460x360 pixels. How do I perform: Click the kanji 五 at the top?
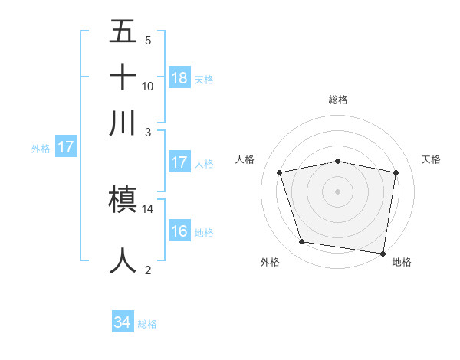pyautogui.click(x=123, y=32)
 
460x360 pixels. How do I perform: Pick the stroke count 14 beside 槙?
pyautogui.click(x=148, y=208)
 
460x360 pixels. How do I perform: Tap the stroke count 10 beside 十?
pyautogui.click(x=148, y=86)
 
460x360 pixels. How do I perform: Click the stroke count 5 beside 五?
pyautogui.click(x=148, y=40)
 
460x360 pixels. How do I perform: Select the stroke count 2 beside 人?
pyautogui.click(x=148, y=270)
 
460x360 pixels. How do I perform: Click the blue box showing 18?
pyautogui.click(x=179, y=78)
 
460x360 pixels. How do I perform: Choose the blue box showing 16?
pyautogui.click(x=179, y=231)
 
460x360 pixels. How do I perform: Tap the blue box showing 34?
pyautogui.click(x=122, y=323)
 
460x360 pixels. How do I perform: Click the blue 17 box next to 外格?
pyautogui.click(x=65, y=147)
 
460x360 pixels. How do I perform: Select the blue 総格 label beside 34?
pyautogui.click(x=147, y=324)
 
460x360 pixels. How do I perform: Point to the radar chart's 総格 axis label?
pyautogui.click(x=338, y=100)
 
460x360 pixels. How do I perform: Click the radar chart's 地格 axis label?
pyautogui.click(x=402, y=263)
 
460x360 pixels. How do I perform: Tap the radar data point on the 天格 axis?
pyautogui.click(x=396, y=172)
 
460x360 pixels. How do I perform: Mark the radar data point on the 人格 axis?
pyautogui.click(x=280, y=172)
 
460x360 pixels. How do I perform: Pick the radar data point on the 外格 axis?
pyautogui.click(x=302, y=242)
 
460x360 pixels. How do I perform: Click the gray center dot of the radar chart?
pyautogui.click(x=338, y=191)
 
